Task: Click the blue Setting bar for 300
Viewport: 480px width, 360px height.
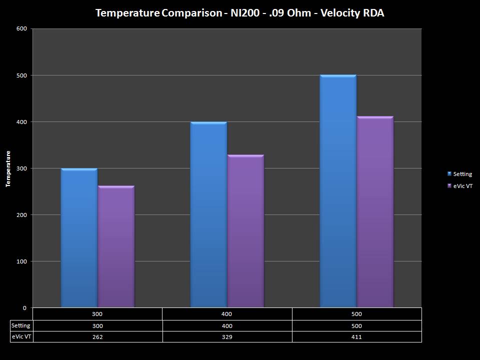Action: pyautogui.click(x=79, y=238)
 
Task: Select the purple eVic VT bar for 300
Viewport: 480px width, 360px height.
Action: pyautogui.click(x=116, y=246)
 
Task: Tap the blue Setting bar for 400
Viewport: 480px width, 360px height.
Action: pyautogui.click(x=208, y=214)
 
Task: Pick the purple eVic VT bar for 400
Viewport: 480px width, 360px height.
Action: pyautogui.click(x=245, y=231)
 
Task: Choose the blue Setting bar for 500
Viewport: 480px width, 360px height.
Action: pyautogui.click(x=338, y=191)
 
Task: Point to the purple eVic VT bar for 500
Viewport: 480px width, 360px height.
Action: pyautogui.click(x=375, y=212)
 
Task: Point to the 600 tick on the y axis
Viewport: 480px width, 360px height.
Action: pyautogui.click(x=21, y=29)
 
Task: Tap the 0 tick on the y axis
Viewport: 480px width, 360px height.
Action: pyautogui.click(x=25, y=308)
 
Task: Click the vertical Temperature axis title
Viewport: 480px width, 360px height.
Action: pyautogui.click(x=8, y=168)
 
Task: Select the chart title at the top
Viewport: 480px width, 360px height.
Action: pyautogui.click(x=239, y=13)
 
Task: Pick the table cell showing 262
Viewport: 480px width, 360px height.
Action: pyautogui.click(x=97, y=337)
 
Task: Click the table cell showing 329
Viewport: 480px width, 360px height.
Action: pyautogui.click(x=227, y=337)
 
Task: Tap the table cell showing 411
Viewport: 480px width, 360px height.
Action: pyautogui.click(x=356, y=337)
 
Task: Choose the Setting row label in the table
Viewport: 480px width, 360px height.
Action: pyautogui.click(x=21, y=326)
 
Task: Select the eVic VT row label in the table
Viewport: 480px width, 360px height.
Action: pyautogui.click(x=21, y=337)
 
